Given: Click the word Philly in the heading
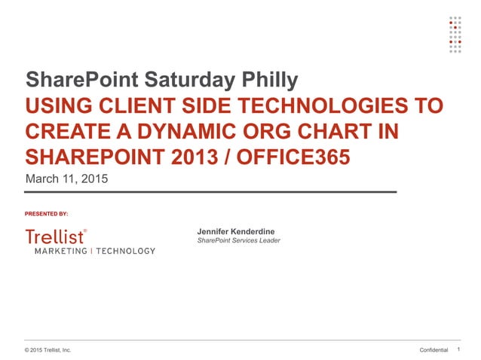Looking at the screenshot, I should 268,80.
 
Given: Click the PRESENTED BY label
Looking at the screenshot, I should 47,214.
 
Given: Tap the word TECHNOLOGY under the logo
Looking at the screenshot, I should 124,251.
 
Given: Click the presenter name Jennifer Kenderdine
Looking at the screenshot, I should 235,230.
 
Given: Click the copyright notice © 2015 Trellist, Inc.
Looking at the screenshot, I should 47,350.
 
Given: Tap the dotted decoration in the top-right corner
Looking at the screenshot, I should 455,35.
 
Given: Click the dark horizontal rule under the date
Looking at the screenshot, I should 211,193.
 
